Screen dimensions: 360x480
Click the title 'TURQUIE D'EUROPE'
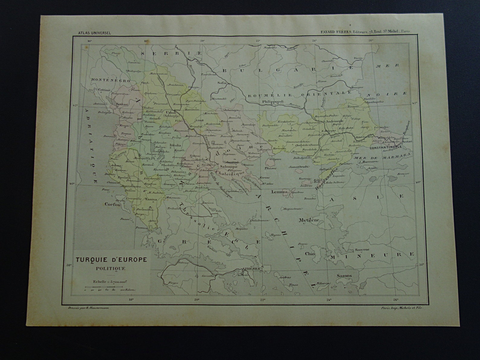[x=111, y=259]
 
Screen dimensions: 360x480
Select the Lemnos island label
[x=279, y=192]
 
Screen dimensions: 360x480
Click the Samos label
[x=344, y=275]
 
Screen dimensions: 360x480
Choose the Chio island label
[x=310, y=254]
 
